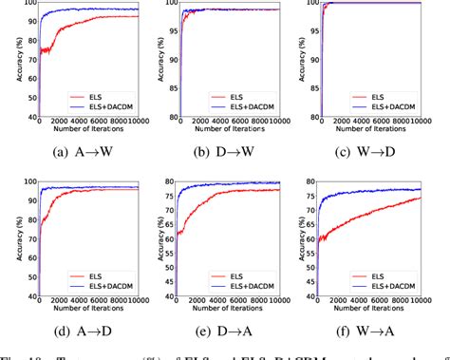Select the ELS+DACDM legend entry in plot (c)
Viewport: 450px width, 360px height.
(393, 106)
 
